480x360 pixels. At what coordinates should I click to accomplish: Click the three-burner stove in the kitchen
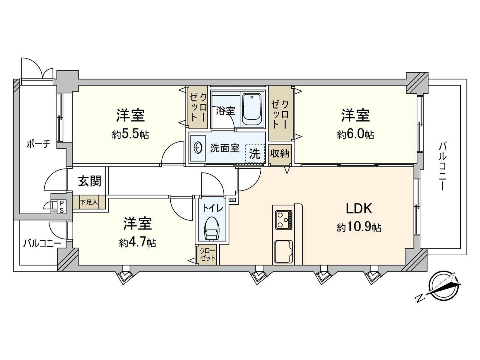coord(284,220)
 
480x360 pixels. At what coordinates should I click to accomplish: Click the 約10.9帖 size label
coord(359,228)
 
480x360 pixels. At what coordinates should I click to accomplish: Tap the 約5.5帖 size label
coord(130,135)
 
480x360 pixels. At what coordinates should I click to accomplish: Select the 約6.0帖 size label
coord(355,135)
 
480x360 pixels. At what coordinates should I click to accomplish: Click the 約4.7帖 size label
coord(138,242)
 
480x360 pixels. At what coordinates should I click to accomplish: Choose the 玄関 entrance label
coord(89,181)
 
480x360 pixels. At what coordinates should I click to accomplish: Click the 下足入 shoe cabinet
coord(89,202)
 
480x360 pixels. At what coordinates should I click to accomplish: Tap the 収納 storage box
coord(280,154)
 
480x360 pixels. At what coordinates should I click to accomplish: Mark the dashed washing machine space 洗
coord(255,154)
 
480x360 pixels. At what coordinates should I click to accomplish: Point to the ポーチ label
coord(39,144)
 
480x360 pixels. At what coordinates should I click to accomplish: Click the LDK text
coord(359,208)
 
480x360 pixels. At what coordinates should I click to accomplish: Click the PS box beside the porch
coord(61,207)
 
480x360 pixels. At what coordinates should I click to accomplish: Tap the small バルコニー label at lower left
coord(42,243)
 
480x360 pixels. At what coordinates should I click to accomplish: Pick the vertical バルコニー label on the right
coord(442,166)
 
